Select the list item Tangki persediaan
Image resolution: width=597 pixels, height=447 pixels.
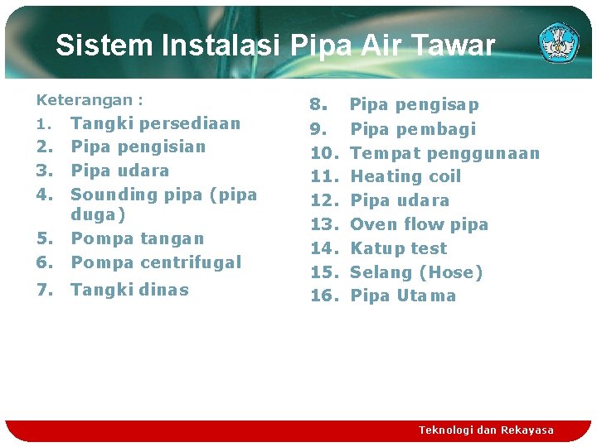coord(155,123)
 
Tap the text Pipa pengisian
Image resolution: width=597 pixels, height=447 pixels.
coord(138,147)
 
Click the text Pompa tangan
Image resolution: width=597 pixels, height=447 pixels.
coord(137,238)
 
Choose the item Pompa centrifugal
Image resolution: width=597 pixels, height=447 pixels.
coord(156,262)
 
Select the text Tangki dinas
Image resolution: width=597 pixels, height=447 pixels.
coord(129,290)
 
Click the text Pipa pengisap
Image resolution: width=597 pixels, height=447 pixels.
coord(414,105)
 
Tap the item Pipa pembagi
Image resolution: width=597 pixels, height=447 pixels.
coord(412,129)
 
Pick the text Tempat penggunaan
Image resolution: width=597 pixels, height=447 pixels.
coord(444,153)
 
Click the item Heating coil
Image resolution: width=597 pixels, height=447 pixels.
coord(405,176)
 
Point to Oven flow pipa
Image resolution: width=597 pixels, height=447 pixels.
coord(419,224)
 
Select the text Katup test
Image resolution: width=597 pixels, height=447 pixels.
coord(398,248)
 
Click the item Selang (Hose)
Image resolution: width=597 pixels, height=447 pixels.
coord(416,272)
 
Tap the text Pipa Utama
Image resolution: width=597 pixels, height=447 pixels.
coord(403,296)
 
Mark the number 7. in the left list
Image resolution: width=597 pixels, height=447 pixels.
coord(46,290)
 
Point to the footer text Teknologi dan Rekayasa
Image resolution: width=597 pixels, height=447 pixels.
coord(486,430)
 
